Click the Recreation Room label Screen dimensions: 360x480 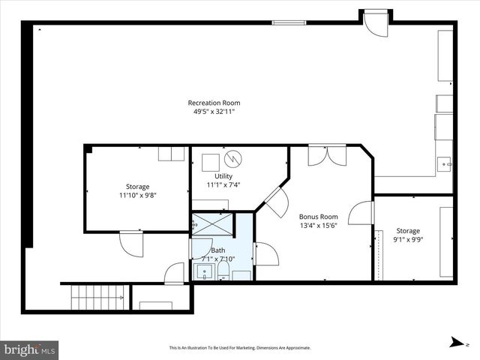(214, 103)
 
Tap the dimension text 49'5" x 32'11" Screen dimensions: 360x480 (214, 112)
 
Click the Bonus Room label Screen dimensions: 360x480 (318, 215)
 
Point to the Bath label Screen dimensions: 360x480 (218, 250)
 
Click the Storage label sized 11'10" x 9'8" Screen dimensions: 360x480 (137, 186)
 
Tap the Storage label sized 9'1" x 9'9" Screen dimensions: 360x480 (408, 230)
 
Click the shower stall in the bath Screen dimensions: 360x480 (211, 224)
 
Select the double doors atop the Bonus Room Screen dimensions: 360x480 (327, 154)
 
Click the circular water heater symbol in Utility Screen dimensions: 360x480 (235, 159)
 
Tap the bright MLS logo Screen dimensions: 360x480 (30, 349)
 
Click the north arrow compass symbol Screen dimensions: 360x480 (457, 342)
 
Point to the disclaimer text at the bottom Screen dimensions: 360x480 (239, 348)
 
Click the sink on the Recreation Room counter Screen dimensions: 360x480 (444, 162)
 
